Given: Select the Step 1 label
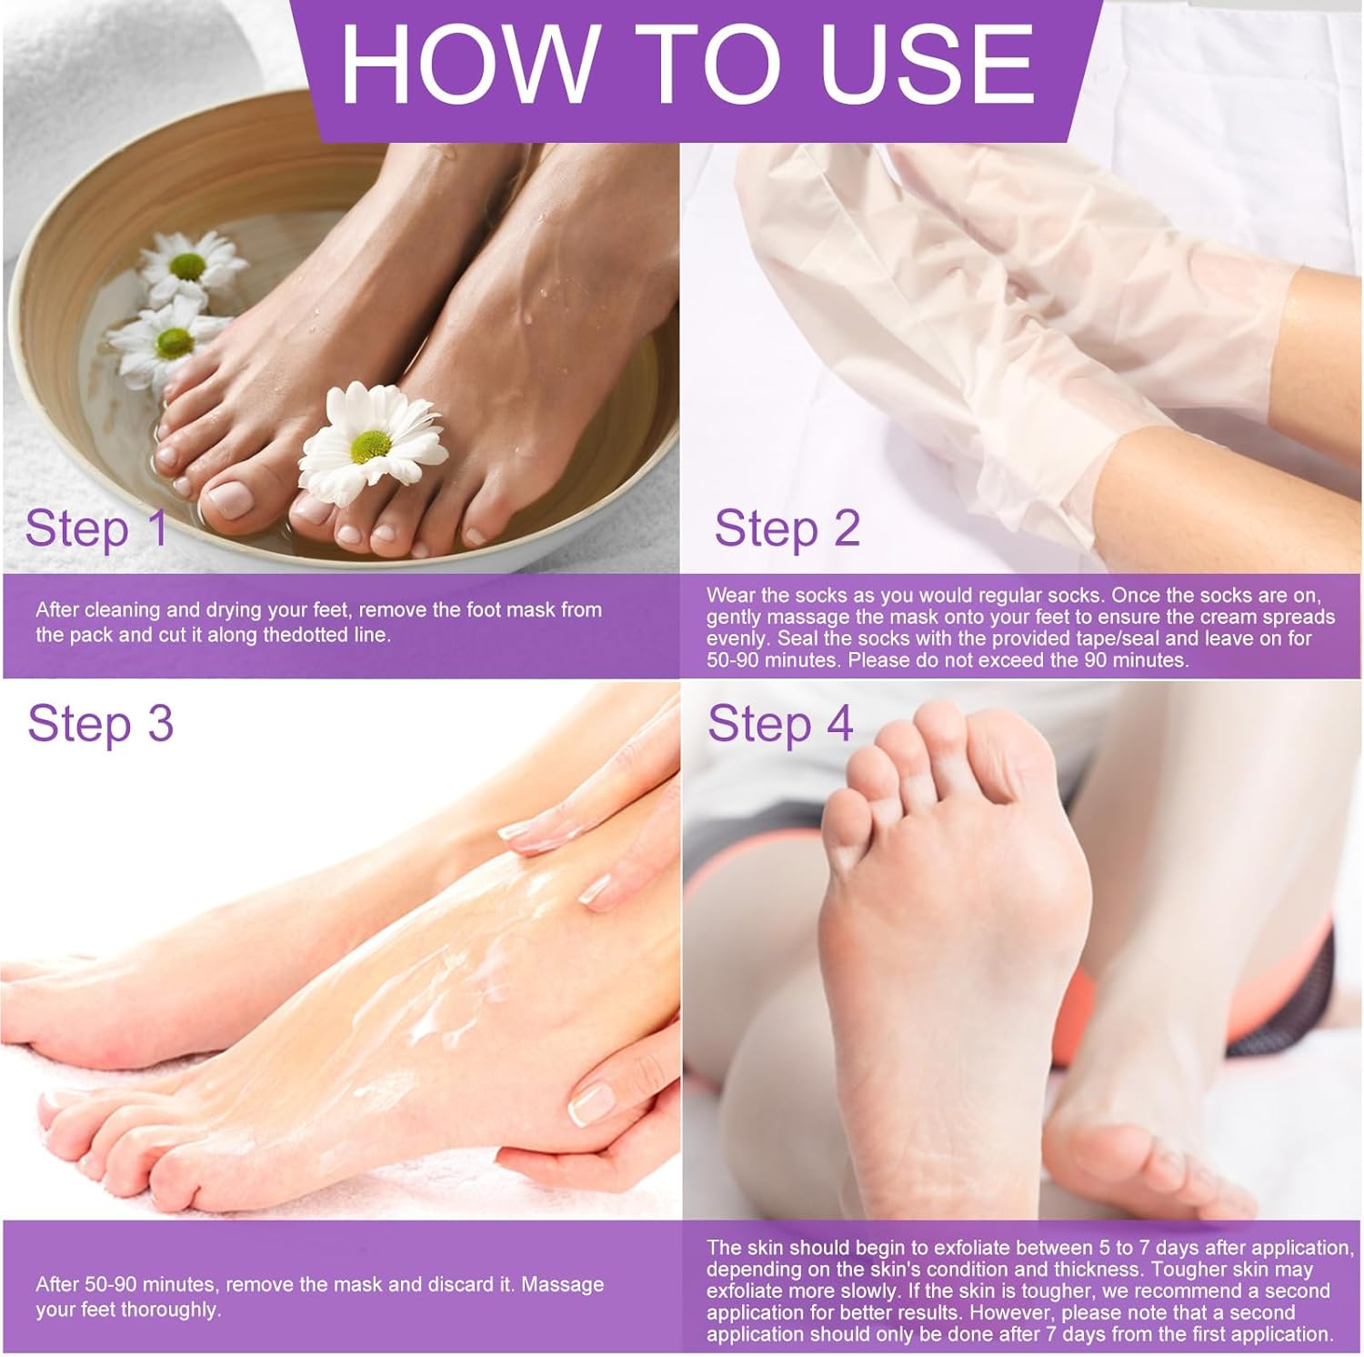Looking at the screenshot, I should point(96,528).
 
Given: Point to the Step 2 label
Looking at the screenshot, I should point(787,528).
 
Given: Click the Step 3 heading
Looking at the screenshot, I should point(100,724).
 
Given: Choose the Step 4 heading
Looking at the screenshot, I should point(780,724).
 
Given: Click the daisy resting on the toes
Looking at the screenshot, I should point(373,443).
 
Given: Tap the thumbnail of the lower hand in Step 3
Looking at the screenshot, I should point(592,1102).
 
